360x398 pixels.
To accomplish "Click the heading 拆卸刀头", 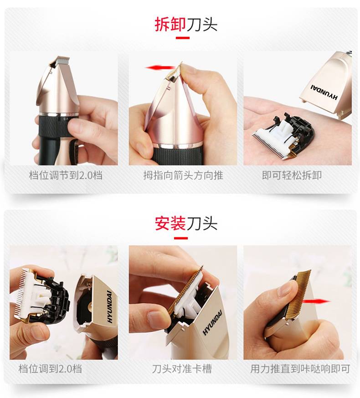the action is [186, 25].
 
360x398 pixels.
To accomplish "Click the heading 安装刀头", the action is [186, 223].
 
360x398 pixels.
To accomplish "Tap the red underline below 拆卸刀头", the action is [183, 38].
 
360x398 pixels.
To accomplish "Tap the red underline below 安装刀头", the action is [181, 238].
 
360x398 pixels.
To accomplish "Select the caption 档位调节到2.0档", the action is [66, 175].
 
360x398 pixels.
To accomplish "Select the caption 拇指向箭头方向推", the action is [183, 175].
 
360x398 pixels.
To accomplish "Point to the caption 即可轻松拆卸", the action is [292, 175].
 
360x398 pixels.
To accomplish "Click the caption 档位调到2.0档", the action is [50, 369].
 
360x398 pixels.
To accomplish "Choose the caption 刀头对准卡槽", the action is [182, 369].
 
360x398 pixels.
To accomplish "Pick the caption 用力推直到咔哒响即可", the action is [300, 369].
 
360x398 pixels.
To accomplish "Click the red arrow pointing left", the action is [159, 68].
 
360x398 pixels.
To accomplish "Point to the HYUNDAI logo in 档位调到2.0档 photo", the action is [109, 306].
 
